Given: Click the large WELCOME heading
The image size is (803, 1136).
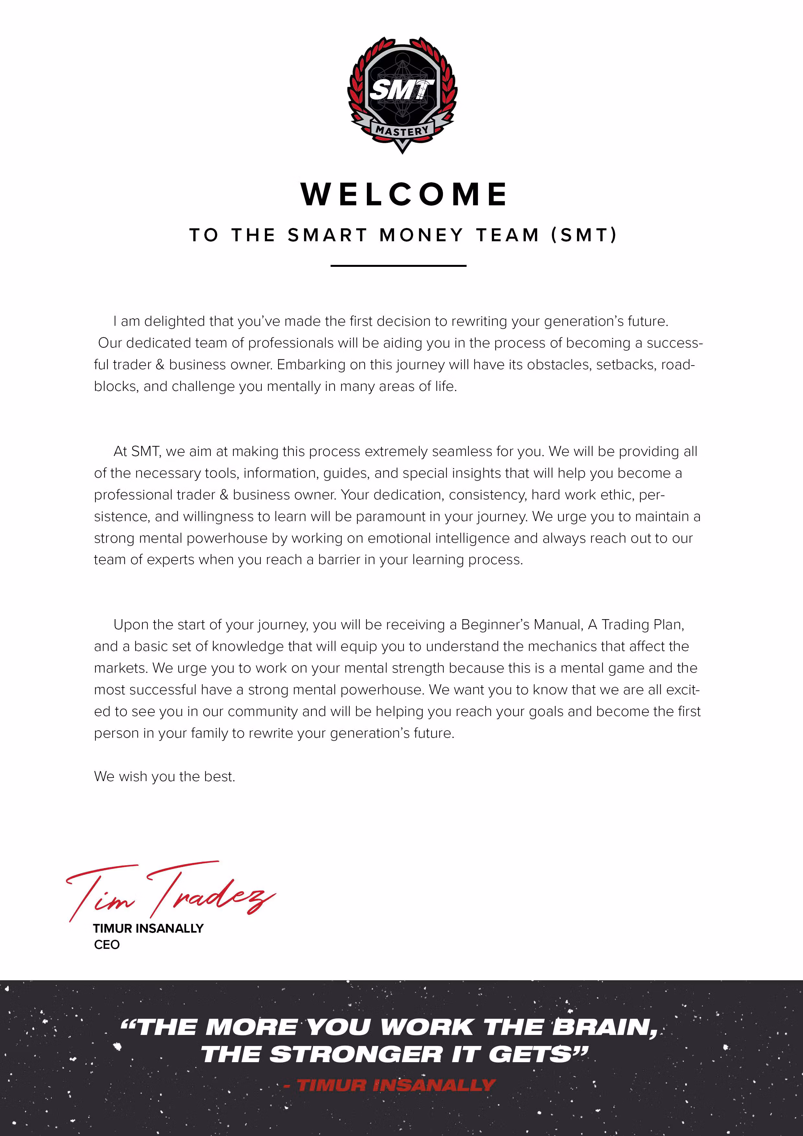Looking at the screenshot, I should [x=404, y=194].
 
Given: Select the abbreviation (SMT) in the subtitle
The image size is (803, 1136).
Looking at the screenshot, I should [x=584, y=235].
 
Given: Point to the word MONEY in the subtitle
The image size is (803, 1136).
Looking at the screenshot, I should [x=422, y=235].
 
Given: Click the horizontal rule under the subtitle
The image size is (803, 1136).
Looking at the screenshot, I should [x=398, y=266].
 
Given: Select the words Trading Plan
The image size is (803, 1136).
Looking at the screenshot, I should [x=642, y=625].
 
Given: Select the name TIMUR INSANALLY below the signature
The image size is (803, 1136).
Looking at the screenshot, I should [x=148, y=929].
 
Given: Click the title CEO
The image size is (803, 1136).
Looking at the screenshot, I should [x=107, y=945].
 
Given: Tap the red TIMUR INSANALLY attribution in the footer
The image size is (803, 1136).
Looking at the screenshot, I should [x=396, y=1085].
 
